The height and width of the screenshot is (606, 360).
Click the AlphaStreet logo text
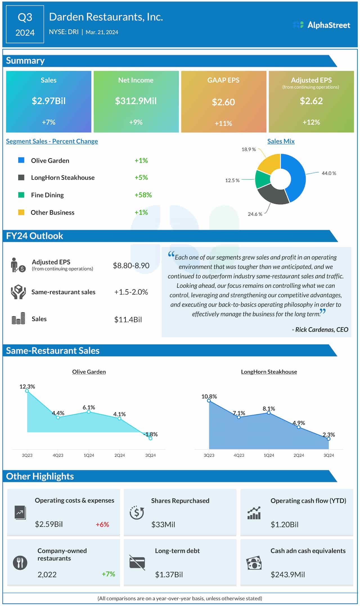click(328, 25)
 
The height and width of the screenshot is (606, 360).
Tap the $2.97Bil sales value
click(49, 101)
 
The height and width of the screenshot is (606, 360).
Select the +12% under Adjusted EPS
click(311, 122)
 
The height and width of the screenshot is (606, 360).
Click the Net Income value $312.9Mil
click(136, 101)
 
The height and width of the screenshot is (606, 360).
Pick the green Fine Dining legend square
click(21, 195)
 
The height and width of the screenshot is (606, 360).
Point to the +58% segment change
click(143, 195)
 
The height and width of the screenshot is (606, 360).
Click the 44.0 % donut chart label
click(328, 173)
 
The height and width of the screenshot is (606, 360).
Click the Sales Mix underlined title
click(281, 141)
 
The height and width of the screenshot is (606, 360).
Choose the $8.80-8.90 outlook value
click(131, 266)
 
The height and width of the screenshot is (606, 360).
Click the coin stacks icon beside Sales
click(19, 319)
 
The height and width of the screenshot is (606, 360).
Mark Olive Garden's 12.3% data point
click(27, 391)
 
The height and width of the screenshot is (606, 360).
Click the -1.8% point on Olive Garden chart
click(150, 438)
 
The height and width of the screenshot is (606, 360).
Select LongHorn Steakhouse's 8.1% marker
click(269, 413)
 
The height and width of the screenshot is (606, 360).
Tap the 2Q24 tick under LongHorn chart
click(299, 455)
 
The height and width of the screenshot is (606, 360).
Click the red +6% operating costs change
click(102, 524)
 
